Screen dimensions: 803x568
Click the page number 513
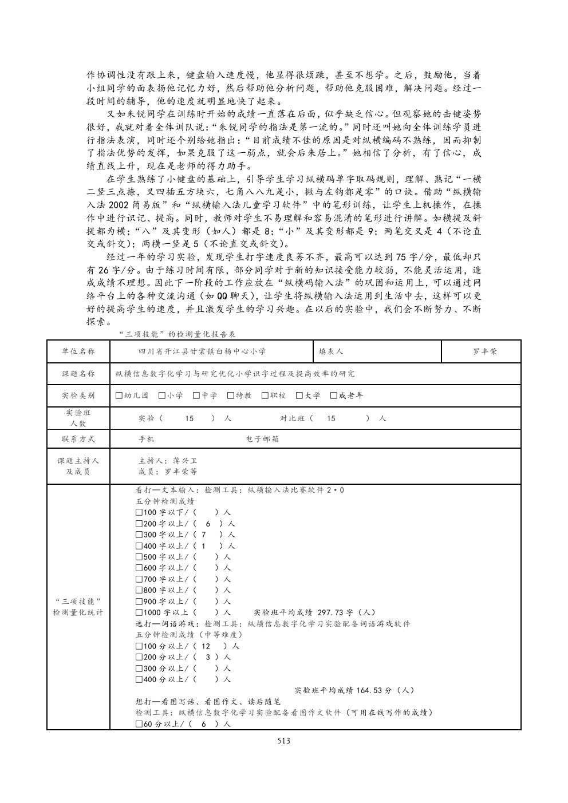pyautogui.click(x=283, y=741)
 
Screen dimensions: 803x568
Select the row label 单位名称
pyautogui.click(x=78, y=351)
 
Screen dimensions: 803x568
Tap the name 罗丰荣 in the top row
pyautogui.click(x=481, y=351)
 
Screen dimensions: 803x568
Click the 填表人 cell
pyautogui.click(x=331, y=351)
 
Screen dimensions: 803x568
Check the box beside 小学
pyautogui.click(x=162, y=395)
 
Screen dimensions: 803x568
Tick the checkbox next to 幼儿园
pyautogui.click(x=119, y=395)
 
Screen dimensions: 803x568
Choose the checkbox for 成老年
pyautogui.click(x=334, y=395)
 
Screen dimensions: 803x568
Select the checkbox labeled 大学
pyautogui.click(x=299, y=395)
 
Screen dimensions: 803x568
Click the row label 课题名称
pyautogui.click(x=78, y=374)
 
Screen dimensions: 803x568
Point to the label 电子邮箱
pyautogui.click(x=262, y=439)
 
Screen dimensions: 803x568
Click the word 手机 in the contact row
pyautogui.click(x=147, y=439)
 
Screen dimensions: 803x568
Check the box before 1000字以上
pyautogui.click(x=139, y=612)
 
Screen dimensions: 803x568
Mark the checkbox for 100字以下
pyautogui.click(x=139, y=512)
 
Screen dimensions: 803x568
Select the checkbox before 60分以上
pyautogui.click(x=139, y=724)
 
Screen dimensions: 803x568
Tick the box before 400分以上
pyautogui.click(x=139, y=679)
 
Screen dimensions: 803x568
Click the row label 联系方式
pyautogui.click(x=78, y=439)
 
